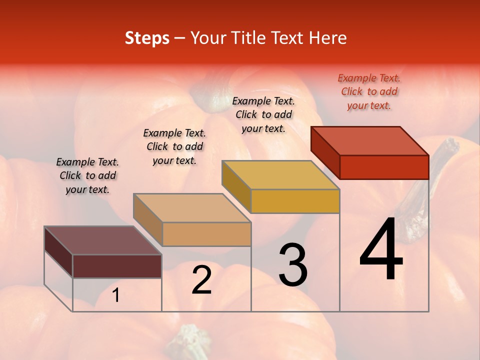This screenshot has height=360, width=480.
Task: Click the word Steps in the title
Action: [x=147, y=38]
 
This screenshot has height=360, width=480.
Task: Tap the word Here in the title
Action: [x=327, y=38]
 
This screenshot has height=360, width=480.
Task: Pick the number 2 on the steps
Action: [x=201, y=280]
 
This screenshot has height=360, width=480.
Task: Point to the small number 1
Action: [x=116, y=295]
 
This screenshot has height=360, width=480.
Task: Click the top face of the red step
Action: [x=370, y=140]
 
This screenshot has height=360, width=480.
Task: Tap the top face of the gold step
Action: [x=280, y=175]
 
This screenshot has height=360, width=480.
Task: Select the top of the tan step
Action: [x=192, y=208]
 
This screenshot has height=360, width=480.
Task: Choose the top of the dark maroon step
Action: [x=103, y=240]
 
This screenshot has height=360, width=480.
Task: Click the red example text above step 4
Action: [x=369, y=91]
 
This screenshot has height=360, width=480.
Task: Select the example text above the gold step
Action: [x=263, y=114]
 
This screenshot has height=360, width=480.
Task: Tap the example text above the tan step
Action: [x=174, y=146]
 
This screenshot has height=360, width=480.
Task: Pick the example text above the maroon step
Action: [x=87, y=175]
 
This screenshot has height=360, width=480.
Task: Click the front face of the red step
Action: [x=384, y=167]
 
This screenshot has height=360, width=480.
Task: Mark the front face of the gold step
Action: [x=295, y=201]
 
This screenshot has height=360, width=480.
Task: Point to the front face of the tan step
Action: [x=206, y=234]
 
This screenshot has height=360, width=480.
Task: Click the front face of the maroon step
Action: [x=117, y=266]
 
